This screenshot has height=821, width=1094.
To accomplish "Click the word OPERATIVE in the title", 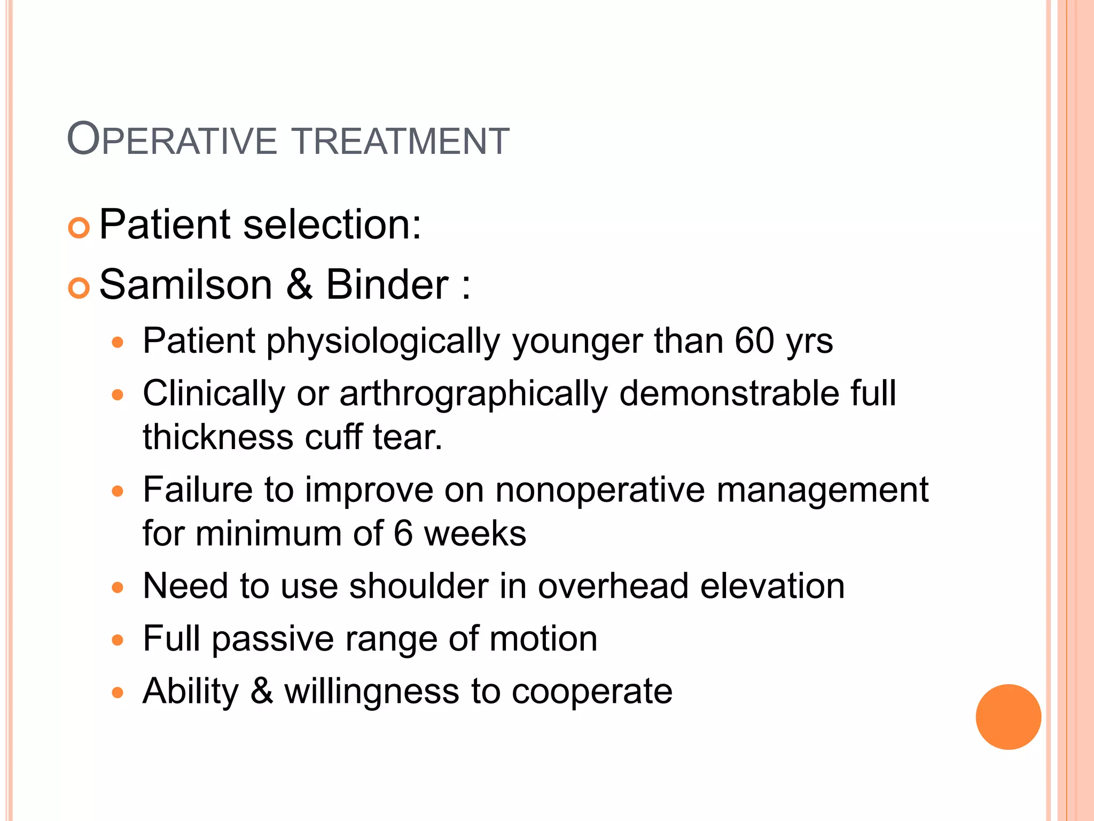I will click(x=172, y=140).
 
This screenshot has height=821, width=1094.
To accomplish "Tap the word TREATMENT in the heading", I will click(x=401, y=141).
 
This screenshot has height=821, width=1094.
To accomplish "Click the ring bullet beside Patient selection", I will click(x=79, y=228).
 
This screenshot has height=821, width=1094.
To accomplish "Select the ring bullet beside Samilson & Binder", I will click(x=79, y=289).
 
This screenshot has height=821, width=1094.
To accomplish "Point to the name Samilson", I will click(x=186, y=284).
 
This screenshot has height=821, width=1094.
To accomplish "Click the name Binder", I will click(x=387, y=284).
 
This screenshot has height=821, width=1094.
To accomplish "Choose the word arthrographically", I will click(x=473, y=394).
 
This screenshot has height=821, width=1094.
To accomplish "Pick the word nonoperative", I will click(x=600, y=490).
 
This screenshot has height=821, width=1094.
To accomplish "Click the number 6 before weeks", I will click(x=403, y=533).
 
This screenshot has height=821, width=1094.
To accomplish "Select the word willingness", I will click(x=371, y=692).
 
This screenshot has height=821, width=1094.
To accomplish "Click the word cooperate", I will click(x=592, y=692).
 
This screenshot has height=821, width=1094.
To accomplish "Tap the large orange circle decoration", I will click(x=1008, y=717).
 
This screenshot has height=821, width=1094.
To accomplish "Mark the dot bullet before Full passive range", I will click(x=118, y=640).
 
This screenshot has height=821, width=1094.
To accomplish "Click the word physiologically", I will click(x=384, y=342).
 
